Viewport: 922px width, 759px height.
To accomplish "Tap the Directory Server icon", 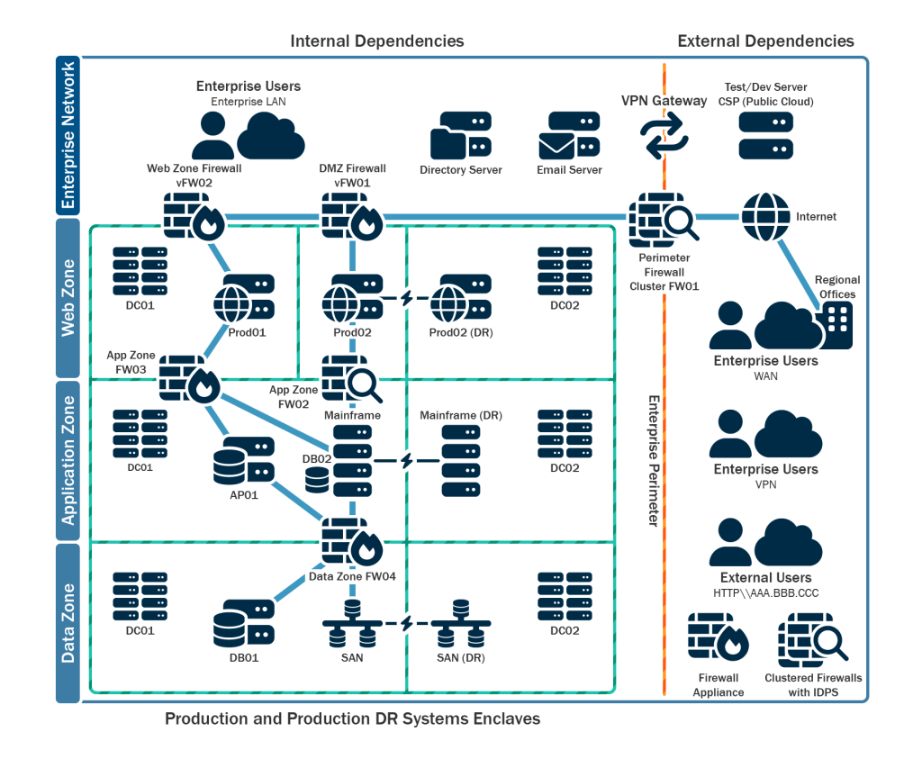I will click(x=460, y=136).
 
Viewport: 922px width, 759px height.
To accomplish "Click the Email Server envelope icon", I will click(x=569, y=136).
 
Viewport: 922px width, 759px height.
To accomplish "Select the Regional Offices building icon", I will click(x=836, y=325).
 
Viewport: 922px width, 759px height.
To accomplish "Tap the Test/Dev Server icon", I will click(x=766, y=135).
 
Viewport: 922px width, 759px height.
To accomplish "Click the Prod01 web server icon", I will click(x=245, y=297).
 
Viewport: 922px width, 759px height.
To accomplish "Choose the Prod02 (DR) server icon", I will click(x=460, y=297).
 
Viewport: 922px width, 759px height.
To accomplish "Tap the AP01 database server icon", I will click(x=244, y=459).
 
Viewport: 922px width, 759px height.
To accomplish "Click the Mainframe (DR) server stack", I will click(x=460, y=460).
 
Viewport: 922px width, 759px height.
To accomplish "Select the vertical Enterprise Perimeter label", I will click(x=653, y=460).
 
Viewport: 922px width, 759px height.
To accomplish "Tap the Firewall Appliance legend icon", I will click(x=718, y=637).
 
